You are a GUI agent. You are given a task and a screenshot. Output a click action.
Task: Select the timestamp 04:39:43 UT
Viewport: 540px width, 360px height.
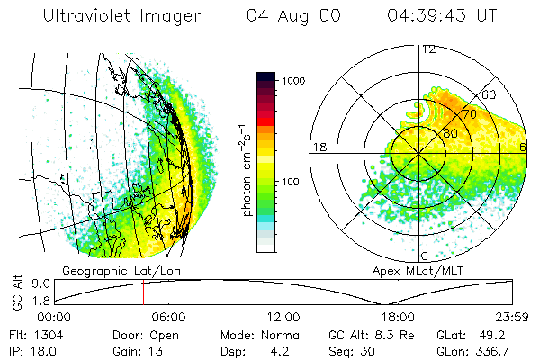pos(443,16)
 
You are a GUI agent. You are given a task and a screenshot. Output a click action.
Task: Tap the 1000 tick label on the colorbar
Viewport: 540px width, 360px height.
pos(294,81)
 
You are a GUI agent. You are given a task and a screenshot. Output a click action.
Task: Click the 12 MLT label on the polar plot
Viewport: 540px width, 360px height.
pos(428,49)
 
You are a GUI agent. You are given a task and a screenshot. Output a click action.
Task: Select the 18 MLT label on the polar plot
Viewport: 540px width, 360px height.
pos(319,147)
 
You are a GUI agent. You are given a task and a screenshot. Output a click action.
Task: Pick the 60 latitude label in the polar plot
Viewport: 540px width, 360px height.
pos(490,94)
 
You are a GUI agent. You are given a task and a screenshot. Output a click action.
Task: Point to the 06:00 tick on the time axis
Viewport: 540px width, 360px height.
pos(168,317)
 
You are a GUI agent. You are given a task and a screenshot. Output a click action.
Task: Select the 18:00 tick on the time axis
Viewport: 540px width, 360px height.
pos(397,317)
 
